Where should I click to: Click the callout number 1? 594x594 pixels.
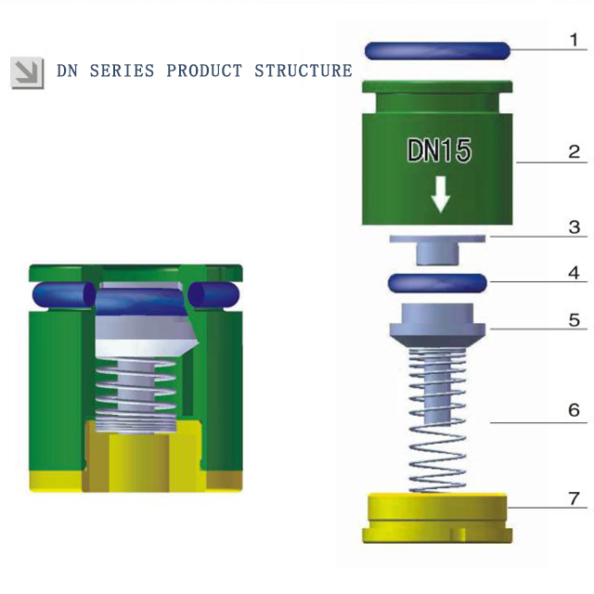coord(575,40)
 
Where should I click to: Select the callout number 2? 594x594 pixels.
coord(575,151)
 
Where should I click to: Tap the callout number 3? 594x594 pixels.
coord(575,226)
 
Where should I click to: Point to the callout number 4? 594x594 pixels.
coord(575,273)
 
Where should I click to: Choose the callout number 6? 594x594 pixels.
coord(575,409)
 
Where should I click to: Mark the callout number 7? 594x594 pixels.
coord(575,499)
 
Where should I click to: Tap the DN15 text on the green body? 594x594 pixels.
coord(439,151)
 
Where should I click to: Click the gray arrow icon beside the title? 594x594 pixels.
coord(27,71)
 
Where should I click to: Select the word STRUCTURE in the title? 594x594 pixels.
coord(303,71)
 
